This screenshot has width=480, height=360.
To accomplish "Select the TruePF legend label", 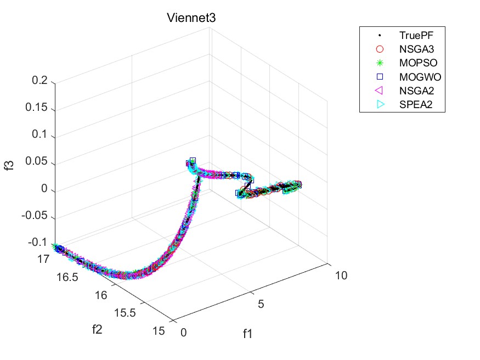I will (x=413, y=36).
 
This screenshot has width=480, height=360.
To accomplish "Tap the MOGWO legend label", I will (x=416, y=77).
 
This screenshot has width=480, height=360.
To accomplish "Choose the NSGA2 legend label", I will (x=414, y=91).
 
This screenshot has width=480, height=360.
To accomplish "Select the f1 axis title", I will (x=247, y=334).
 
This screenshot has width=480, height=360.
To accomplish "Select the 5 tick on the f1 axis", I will (x=262, y=304).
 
